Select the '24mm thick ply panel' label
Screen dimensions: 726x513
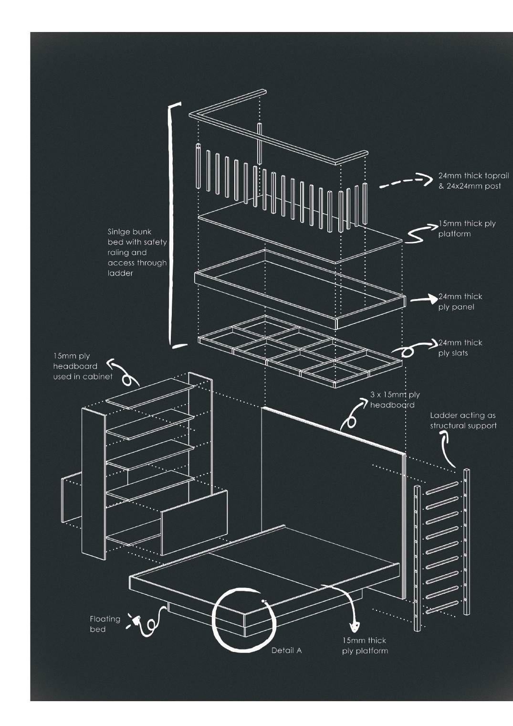(460, 301)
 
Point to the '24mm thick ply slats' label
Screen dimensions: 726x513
(460, 348)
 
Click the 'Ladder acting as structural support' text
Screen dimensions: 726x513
(463, 420)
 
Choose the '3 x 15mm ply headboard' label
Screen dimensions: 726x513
(395, 400)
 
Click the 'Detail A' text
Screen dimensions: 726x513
(286, 650)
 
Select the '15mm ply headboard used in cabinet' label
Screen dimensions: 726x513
(82, 366)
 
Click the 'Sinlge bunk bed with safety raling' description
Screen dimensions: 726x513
(137, 252)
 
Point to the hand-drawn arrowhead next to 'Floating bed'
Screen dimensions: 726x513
(136, 621)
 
